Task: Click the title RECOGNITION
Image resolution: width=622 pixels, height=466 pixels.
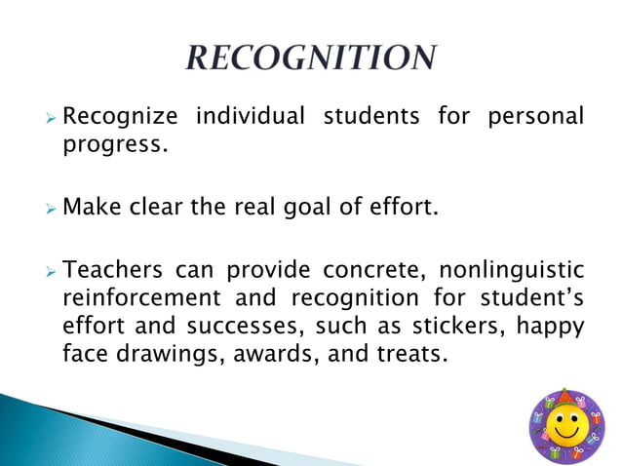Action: click(x=310, y=58)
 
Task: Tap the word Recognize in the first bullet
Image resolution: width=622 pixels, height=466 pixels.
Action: click(x=120, y=118)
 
